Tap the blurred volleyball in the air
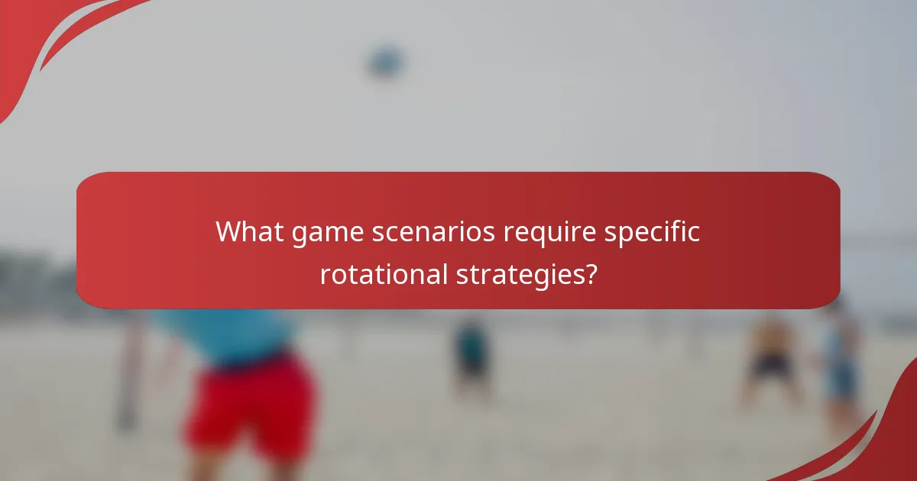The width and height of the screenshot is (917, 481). coord(387,61)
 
